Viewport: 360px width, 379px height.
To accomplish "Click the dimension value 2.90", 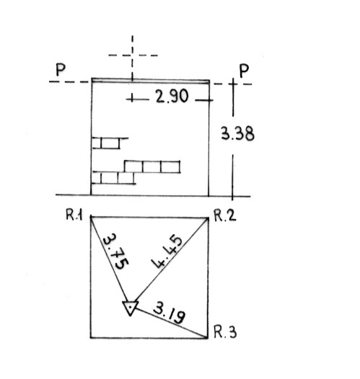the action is pos(172,97).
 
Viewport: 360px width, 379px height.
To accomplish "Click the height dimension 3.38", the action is pos(237,133).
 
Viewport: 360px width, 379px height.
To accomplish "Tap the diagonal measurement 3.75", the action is pos(115,251).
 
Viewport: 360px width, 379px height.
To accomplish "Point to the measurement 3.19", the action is pos(170,313).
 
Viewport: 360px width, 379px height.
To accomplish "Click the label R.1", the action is pos(74,215).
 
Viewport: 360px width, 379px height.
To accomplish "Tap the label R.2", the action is pos(225,215).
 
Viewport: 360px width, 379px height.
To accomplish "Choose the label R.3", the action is pos(225,332).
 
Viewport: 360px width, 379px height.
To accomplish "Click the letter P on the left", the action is pos(61,70).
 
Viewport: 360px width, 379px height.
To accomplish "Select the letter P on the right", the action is pos(244,71).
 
